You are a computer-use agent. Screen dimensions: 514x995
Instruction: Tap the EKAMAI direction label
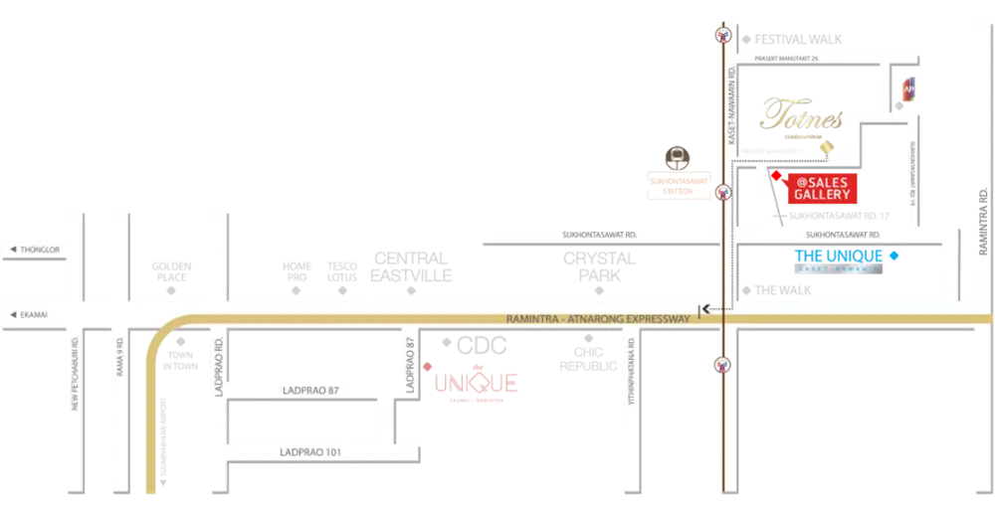tap(30, 315)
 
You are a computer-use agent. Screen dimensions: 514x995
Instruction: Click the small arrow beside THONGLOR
tap(10, 250)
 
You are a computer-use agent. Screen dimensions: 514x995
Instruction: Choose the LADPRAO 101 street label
tap(311, 452)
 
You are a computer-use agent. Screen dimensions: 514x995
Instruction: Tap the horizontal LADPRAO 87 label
tap(311, 390)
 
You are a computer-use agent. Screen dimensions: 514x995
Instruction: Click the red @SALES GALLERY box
tap(822, 189)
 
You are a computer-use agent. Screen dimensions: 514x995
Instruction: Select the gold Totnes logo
tap(801, 117)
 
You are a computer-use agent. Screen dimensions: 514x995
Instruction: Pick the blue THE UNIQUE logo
tap(846, 257)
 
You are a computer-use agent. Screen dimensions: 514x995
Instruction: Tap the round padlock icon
tap(679, 157)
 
